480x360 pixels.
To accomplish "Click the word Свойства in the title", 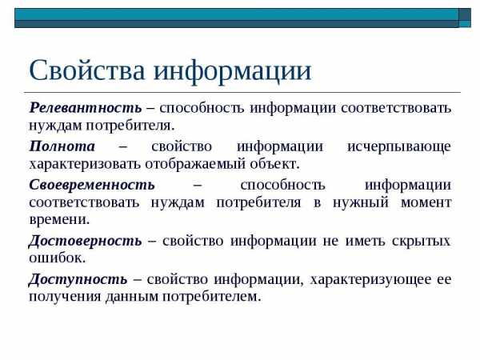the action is (x=86, y=70).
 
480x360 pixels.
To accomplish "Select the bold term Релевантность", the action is (x=86, y=108).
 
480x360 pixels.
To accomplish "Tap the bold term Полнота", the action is (x=62, y=146).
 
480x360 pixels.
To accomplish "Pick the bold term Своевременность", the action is (x=92, y=185).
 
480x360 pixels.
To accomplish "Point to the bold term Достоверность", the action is (x=85, y=241).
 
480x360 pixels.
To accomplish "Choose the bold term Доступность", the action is (x=78, y=279).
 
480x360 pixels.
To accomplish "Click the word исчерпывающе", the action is (x=399, y=147).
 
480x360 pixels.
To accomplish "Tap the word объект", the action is (x=274, y=164).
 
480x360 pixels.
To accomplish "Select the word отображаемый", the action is (x=195, y=164).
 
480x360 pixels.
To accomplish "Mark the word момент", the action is (x=426, y=202).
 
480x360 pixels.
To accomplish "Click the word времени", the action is (x=59, y=220).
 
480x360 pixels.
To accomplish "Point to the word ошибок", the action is (x=58, y=258).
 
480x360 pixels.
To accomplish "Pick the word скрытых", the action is (x=421, y=242).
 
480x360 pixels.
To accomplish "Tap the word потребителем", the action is (x=211, y=297).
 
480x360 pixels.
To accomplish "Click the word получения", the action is (x=65, y=297).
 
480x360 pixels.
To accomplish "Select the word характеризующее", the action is (x=370, y=280).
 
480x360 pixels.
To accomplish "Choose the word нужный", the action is (x=361, y=203).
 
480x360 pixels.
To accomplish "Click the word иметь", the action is (x=365, y=242).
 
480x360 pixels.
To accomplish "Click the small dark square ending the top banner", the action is (x=465, y=18).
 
